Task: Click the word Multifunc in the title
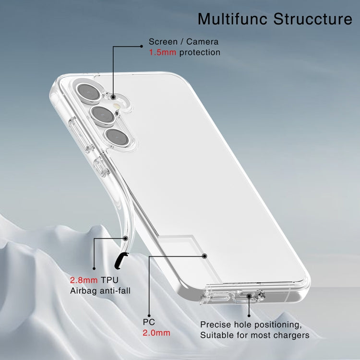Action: (233, 19)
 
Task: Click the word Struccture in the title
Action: (312, 19)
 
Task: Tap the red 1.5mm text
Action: (163, 52)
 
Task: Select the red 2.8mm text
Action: (84, 280)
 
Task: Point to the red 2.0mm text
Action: (156, 333)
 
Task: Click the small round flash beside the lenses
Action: (117, 106)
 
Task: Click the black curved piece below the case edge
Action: (121, 261)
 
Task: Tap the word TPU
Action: (109, 280)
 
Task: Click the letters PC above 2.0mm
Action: (149, 322)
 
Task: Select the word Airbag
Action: (84, 291)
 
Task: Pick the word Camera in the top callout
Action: (202, 42)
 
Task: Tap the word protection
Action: (200, 53)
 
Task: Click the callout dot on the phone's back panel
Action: (205, 256)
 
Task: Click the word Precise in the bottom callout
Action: (216, 324)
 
